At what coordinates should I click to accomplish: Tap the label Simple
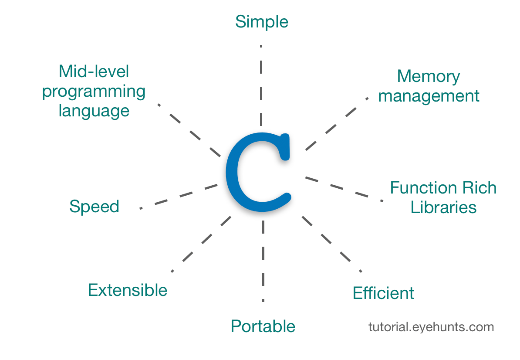(262, 21)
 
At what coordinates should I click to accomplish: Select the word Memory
(428, 77)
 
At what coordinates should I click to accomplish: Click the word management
(429, 96)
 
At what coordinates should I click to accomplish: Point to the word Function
(422, 188)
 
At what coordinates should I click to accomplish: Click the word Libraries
(443, 207)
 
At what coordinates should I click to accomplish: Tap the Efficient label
(383, 293)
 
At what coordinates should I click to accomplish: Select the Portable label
(263, 326)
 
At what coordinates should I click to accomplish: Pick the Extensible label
(128, 290)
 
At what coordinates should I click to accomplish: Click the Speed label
(94, 206)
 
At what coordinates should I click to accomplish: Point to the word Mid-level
(94, 71)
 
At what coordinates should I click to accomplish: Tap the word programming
(94, 92)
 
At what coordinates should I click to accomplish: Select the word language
(94, 111)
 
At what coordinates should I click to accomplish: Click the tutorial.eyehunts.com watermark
(431, 327)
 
